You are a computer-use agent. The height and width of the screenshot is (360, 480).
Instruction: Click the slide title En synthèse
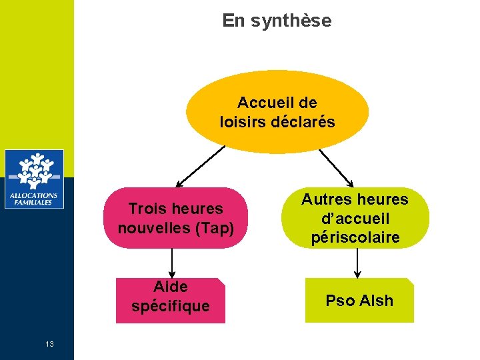tap(277, 21)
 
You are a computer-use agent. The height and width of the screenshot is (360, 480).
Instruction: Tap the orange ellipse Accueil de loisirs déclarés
tap(277, 112)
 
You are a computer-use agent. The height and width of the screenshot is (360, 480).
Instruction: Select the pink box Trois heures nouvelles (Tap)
tap(176, 218)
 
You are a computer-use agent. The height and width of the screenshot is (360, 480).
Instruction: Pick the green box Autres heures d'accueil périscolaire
tap(355, 218)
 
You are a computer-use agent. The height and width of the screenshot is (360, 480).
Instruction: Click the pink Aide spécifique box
tap(171, 300)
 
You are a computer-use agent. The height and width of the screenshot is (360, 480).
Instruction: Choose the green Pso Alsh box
tap(359, 301)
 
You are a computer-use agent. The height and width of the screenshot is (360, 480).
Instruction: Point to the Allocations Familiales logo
tap(34, 179)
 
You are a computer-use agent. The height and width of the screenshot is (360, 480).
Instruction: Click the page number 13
tap(49, 344)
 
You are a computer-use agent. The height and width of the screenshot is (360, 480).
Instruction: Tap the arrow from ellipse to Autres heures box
tap(337, 167)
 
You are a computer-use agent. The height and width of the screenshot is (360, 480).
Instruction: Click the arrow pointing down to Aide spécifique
tap(172, 263)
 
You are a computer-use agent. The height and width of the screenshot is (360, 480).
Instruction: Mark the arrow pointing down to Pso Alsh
tap(357, 263)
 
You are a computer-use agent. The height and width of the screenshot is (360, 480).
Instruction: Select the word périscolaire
tap(355, 238)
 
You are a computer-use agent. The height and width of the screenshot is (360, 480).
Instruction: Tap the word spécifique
tap(171, 307)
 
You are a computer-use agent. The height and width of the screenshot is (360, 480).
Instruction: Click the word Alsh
tap(377, 301)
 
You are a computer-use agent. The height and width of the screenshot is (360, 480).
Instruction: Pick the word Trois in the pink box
tap(147, 209)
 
